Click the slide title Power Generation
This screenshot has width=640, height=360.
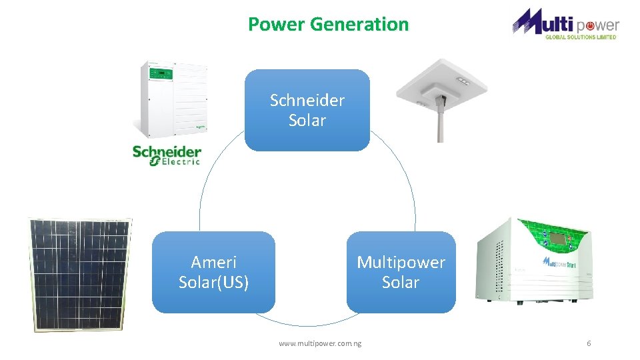click(328, 24)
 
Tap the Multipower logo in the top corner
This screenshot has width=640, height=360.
click(565, 23)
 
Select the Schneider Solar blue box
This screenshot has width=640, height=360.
click(307, 110)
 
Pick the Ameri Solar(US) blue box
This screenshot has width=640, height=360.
click(213, 272)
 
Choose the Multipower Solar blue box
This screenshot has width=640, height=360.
click(401, 272)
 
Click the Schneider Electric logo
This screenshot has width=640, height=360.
click(167, 155)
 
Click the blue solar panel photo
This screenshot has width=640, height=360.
click(79, 273)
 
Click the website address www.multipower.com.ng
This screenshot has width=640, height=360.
click(320, 343)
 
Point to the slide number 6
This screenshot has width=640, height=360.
click(589, 343)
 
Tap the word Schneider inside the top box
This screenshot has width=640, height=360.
click(307, 101)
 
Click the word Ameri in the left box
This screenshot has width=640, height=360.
click(213, 262)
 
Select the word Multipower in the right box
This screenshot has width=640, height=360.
click(401, 262)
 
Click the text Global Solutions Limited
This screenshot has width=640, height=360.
click(581, 37)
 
